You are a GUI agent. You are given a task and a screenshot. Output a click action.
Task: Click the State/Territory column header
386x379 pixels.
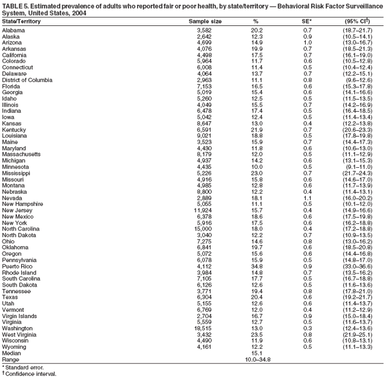point(21,21)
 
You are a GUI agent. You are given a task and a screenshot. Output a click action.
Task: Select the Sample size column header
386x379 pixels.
point(206,21)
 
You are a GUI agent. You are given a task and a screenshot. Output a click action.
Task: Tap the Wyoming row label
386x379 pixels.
point(14,346)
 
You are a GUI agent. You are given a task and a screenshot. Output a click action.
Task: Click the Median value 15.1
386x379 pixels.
point(256,352)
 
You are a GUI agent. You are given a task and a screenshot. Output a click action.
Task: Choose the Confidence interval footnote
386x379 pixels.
point(30,374)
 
